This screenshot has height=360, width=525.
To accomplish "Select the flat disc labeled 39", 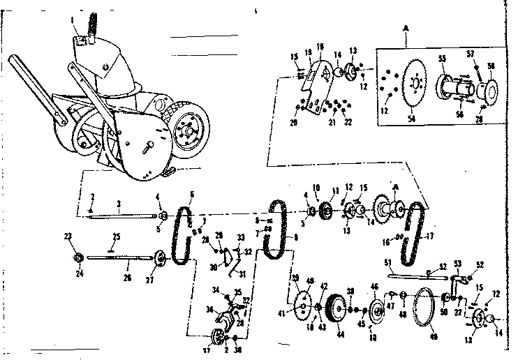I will tap(304, 303).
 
